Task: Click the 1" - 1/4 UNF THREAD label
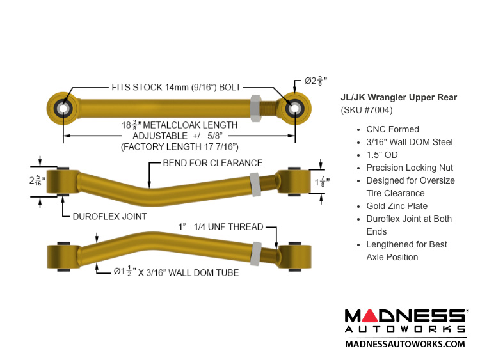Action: coord(220,227)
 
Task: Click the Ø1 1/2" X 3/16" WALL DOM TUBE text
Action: coord(176,272)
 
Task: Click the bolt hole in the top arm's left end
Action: coord(63,108)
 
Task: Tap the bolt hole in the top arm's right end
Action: coord(294,108)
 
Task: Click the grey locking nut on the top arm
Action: coord(254,107)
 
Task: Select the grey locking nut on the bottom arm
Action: coord(255,253)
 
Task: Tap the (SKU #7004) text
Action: coord(367,110)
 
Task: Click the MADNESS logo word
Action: coord(405,316)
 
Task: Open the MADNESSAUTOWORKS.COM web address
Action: coord(405,344)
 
